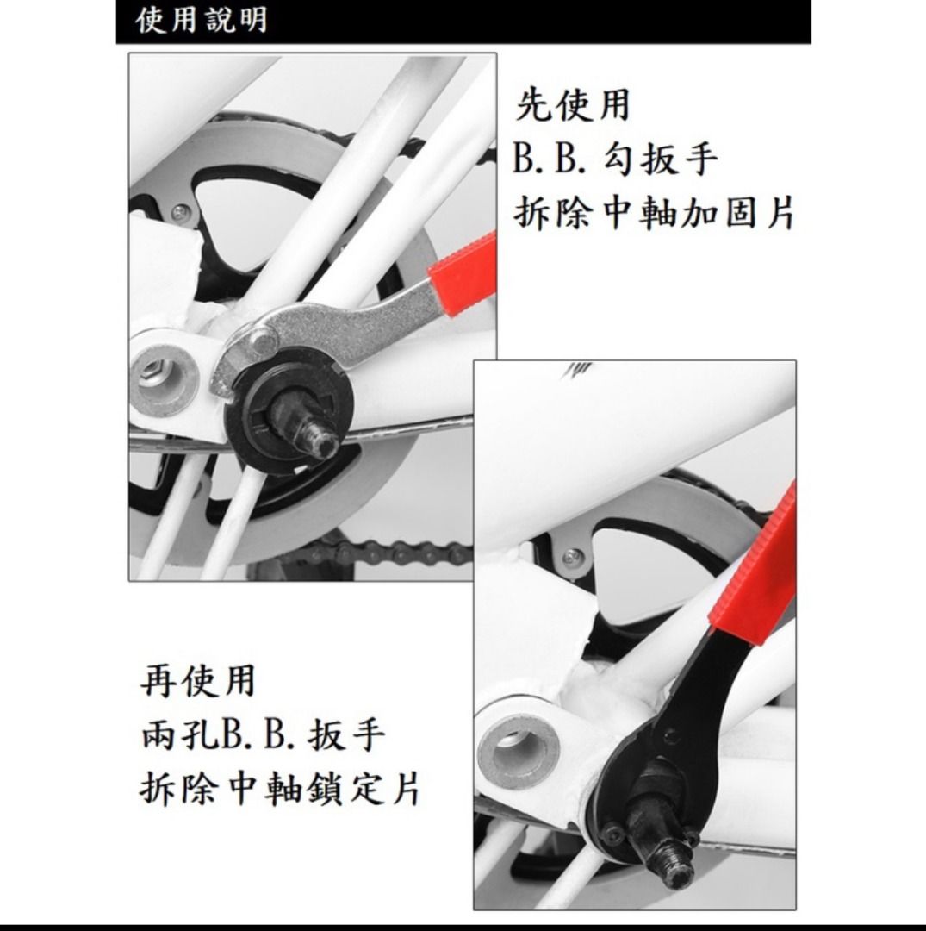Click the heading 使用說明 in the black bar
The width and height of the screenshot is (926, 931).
[x=202, y=20]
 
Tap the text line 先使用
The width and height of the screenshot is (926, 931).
[x=573, y=105]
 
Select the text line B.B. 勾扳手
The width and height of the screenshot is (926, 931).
[x=615, y=159]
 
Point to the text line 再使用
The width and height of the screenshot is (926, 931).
[x=198, y=681]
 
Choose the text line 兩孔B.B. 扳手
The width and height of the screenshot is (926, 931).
[x=261, y=735]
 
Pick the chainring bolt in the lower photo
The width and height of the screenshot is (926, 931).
[x=568, y=558]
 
